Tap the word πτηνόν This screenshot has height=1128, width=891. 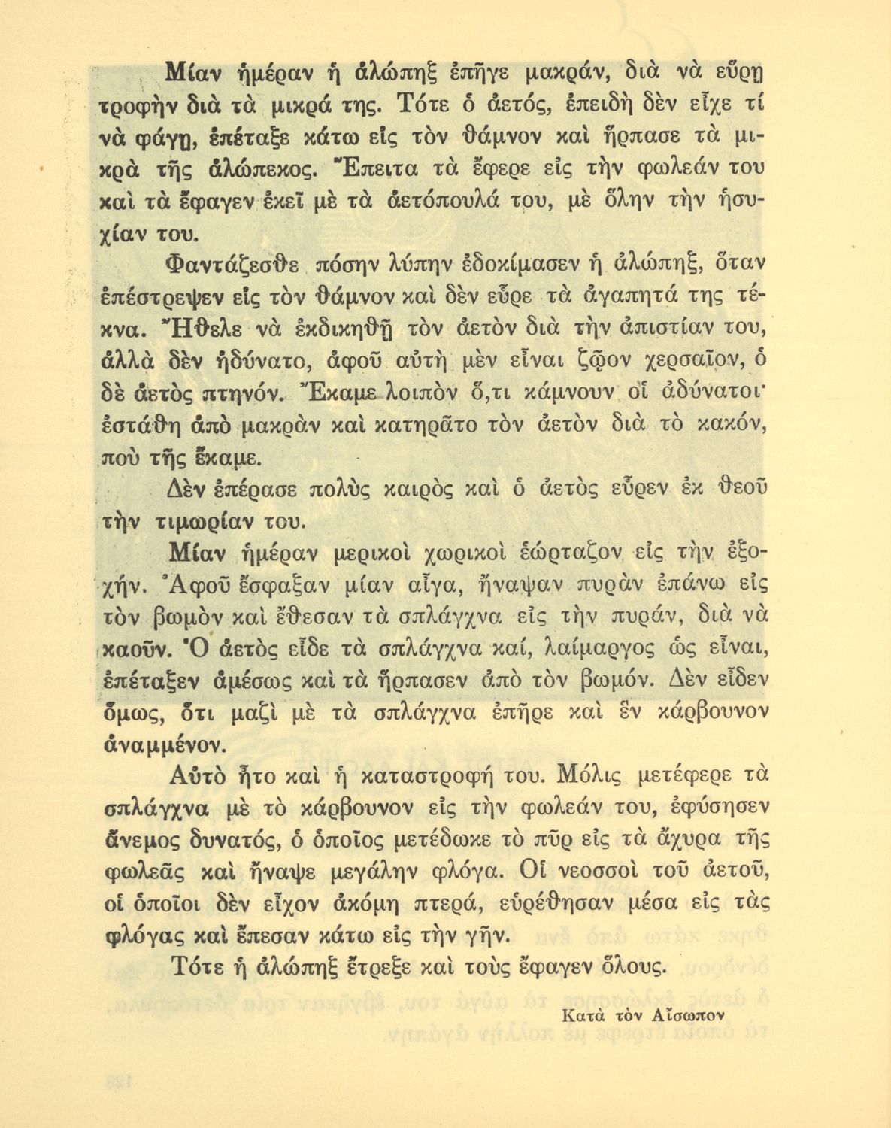tap(242, 393)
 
